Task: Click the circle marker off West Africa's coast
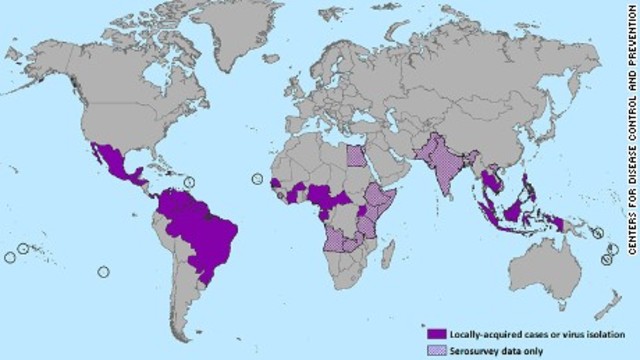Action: [x=257, y=180]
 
